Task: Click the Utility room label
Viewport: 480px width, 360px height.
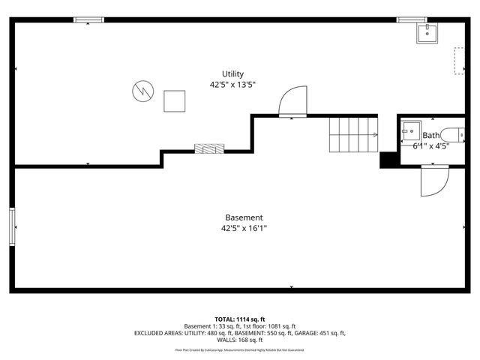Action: pos(232,73)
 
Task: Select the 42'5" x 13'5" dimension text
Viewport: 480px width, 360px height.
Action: pos(232,85)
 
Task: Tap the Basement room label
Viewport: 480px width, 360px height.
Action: pos(244,217)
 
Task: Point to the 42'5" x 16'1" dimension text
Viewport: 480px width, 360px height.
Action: pos(244,229)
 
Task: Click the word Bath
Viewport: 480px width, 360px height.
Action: pos(430,136)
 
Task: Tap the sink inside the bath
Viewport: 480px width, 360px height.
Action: pos(412,136)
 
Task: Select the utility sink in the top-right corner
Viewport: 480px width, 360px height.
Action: pos(427,31)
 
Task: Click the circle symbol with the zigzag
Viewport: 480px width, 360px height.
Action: pos(142,92)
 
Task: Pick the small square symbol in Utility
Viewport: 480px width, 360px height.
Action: pos(175,100)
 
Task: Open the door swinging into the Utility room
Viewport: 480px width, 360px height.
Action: pos(292,103)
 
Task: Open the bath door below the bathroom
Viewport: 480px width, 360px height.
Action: pos(434,180)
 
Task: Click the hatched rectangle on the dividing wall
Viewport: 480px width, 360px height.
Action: pos(209,148)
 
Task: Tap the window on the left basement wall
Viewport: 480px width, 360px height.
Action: pos(12,225)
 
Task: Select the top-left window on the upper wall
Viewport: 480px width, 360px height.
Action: pos(88,19)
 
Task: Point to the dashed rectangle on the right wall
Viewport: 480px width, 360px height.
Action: pos(458,61)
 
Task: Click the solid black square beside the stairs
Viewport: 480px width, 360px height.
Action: pos(389,160)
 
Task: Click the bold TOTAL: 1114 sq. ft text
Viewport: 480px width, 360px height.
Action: pos(239,319)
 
